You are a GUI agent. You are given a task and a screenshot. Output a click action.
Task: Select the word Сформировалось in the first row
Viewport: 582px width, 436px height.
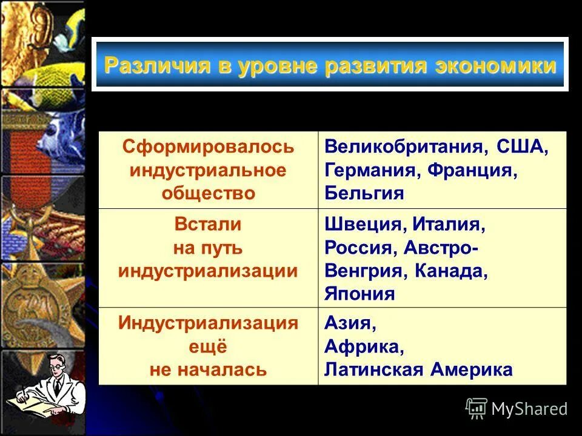click(x=208, y=147)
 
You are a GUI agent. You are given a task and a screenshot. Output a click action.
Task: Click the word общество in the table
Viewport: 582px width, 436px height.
click(x=208, y=193)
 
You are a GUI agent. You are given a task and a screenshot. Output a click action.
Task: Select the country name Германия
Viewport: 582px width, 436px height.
click(x=368, y=171)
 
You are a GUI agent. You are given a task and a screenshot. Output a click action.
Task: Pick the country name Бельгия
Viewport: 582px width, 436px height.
click(x=364, y=193)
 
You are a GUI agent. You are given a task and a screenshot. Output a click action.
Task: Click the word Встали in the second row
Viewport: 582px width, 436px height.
click(x=208, y=225)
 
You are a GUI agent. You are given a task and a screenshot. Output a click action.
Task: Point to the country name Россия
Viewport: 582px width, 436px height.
click(x=357, y=248)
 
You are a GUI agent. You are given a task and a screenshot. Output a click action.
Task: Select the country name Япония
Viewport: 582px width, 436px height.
click(x=360, y=294)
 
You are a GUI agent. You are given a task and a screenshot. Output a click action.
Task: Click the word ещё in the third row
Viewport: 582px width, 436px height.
click(x=208, y=347)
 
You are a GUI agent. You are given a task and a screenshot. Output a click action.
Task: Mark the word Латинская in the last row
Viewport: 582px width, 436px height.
click(x=374, y=369)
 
